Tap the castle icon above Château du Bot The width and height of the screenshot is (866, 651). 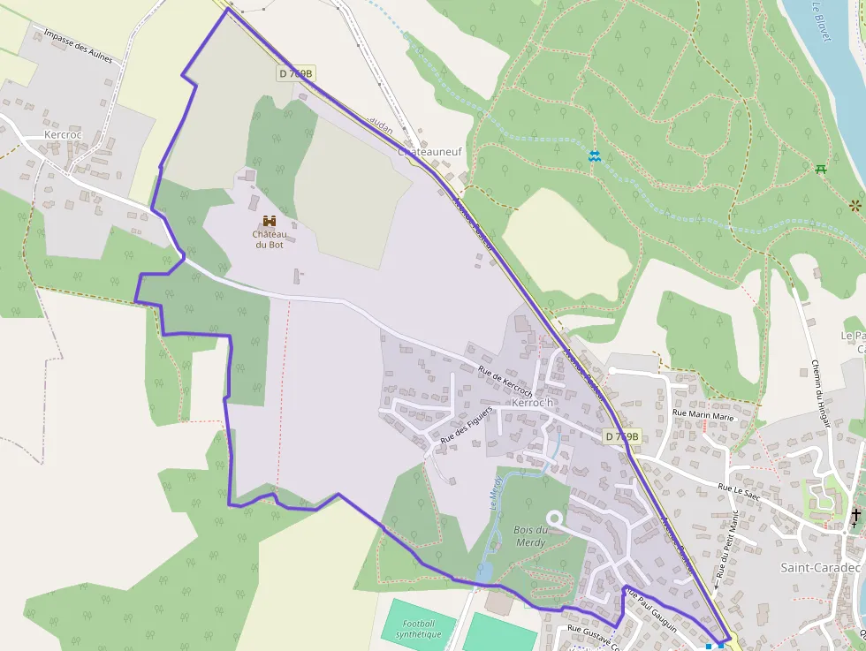click(269, 221)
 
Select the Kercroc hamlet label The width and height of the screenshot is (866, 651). click(62, 135)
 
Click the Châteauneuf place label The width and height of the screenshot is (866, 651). click(430, 152)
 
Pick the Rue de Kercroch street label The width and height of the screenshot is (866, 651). click(505, 381)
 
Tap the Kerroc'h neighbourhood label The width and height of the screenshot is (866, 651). click(532, 404)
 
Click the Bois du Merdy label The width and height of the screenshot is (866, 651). click(530, 535)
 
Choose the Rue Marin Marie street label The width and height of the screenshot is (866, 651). click(703, 414)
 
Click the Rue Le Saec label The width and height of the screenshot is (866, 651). click(739, 488)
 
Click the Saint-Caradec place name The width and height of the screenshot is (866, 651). click(820, 568)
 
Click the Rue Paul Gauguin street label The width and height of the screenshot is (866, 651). click(650, 609)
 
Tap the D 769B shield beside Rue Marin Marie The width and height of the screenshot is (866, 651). click(622, 436)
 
